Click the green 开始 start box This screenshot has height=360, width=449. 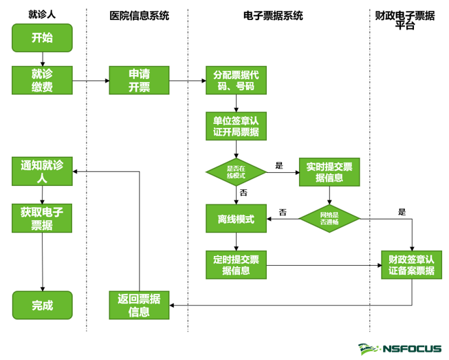(x=42, y=37)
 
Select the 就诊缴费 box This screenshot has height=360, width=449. (x=42, y=80)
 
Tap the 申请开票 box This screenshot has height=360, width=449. (x=139, y=80)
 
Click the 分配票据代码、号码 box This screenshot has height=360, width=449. (x=237, y=81)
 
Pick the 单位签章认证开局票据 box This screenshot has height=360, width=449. (x=237, y=126)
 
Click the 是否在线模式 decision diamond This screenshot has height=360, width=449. (x=237, y=172)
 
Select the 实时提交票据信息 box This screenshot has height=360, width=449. (x=329, y=172)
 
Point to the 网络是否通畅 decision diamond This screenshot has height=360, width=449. (x=329, y=219)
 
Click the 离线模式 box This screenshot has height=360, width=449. (x=237, y=219)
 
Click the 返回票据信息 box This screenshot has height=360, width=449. (x=139, y=305)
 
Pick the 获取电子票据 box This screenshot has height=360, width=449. (x=42, y=218)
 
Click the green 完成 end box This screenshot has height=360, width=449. (x=42, y=305)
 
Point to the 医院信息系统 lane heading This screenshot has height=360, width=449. (x=139, y=15)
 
